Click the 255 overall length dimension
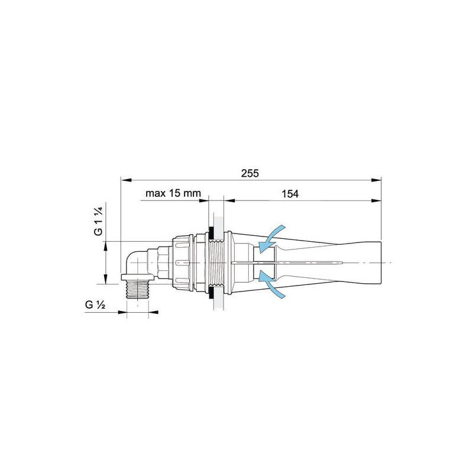[x=250, y=173]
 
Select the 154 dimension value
[x=290, y=194]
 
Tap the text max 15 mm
[x=173, y=193]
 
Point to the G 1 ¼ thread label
[x=99, y=221]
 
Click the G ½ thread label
[x=95, y=304]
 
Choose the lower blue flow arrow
[x=271, y=284]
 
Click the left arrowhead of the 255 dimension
[x=126, y=180]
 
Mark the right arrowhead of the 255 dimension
[x=376, y=180]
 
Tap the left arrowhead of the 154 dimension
[x=230, y=200]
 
